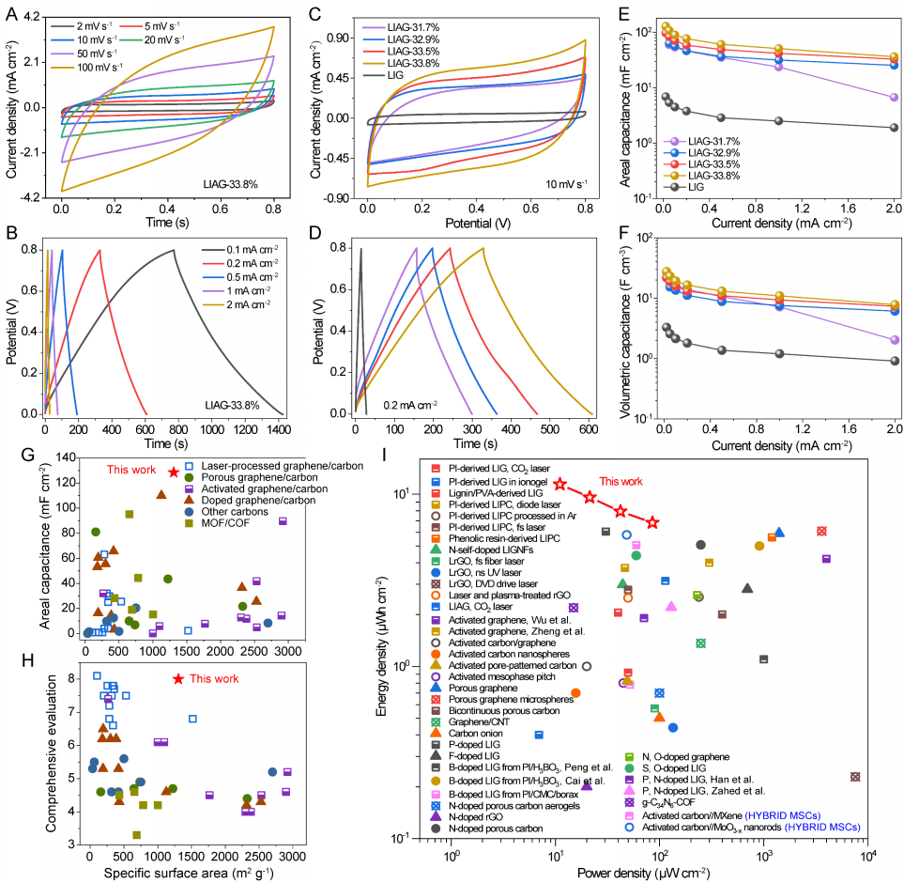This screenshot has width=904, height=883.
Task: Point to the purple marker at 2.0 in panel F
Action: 892,340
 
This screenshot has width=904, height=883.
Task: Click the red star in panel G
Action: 174,472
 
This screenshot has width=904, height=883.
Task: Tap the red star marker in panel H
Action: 178,678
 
